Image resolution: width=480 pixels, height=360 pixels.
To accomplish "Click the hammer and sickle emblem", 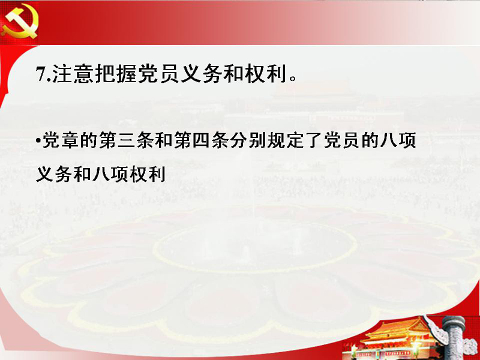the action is [20, 22].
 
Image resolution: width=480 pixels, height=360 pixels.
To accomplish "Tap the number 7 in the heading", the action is [40, 74].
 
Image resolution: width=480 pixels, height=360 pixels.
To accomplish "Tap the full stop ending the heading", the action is [293, 79].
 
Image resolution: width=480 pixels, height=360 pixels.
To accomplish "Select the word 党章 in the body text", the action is [61, 141].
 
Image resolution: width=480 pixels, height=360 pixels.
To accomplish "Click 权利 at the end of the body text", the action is [148, 175].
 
